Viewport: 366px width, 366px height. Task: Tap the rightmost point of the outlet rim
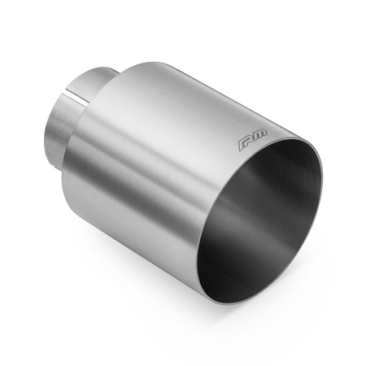(321, 175)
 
